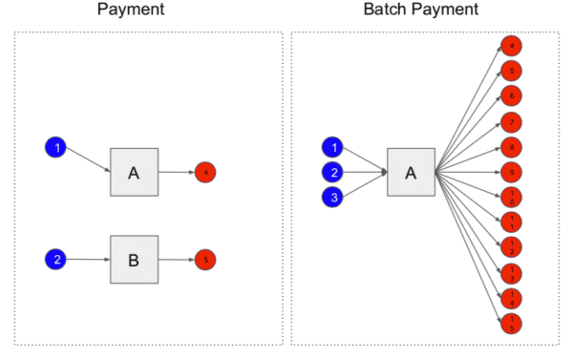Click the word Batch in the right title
click(388, 10)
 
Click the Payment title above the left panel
click(148, 10)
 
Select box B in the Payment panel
click(134, 259)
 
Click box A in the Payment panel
click(134, 173)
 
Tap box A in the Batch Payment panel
click(411, 173)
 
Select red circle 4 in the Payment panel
click(205, 173)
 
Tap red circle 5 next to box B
click(205, 259)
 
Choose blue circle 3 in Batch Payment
click(333, 198)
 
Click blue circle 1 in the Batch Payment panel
click(333, 147)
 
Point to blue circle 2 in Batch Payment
click(333, 173)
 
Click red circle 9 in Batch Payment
click(512, 173)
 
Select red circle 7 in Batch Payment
click(512, 122)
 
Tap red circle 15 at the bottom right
click(512, 323)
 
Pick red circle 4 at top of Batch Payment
click(512, 46)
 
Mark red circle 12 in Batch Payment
click(512, 247)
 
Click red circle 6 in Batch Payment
click(512, 95)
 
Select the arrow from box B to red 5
click(176, 259)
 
